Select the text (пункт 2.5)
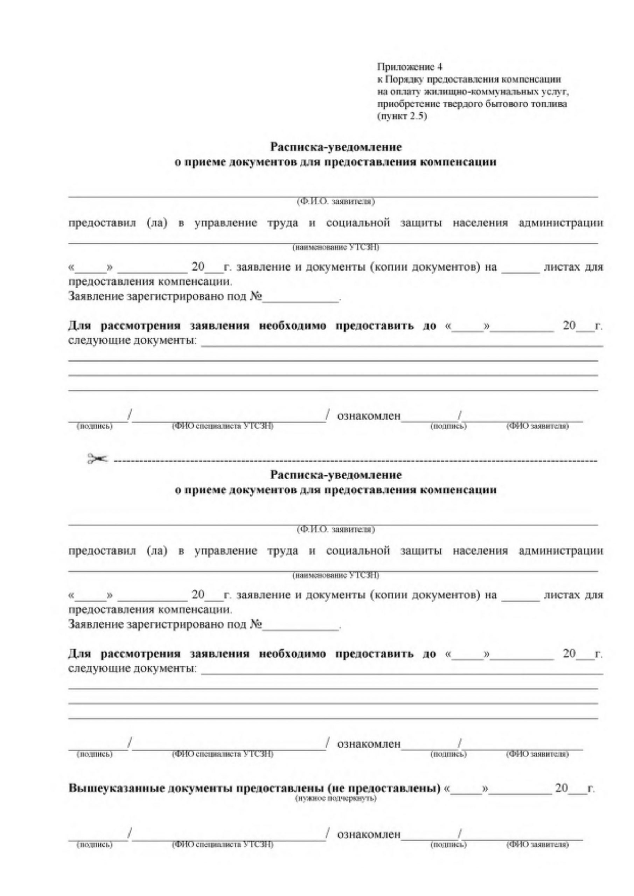(x=403, y=116)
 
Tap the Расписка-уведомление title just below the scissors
(x=336, y=475)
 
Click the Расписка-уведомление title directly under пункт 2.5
(x=336, y=147)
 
